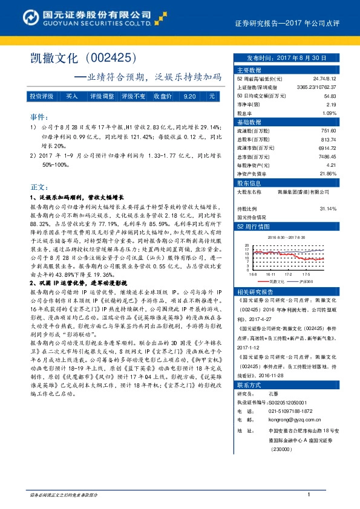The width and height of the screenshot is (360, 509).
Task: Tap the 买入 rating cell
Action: pos(72,96)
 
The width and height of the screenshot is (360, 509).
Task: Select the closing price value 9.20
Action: pos(189,96)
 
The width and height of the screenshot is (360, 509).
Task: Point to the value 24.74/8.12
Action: pos(326,79)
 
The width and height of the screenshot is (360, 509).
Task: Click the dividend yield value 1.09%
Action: pos(329,113)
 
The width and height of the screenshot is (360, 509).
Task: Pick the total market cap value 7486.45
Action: pos(326,156)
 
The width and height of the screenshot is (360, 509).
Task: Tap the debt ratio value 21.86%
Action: pos(327,173)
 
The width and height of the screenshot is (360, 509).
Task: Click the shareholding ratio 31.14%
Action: pos(327,208)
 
